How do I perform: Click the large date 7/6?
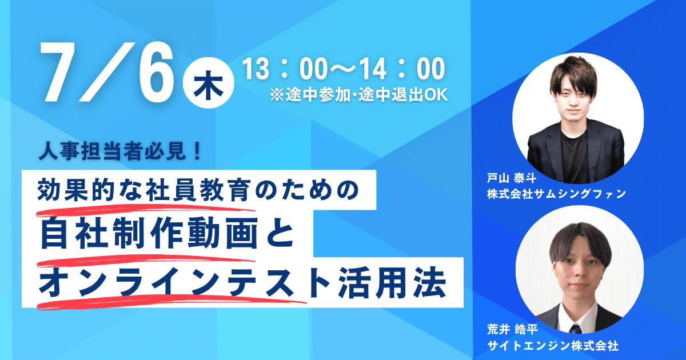click(108, 71)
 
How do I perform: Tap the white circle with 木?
click(208, 83)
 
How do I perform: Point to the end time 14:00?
click(402, 69)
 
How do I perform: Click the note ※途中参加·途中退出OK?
click(358, 95)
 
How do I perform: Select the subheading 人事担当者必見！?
click(120, 151)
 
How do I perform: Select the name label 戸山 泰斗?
click(511, 178)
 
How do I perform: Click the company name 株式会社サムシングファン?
click(556, 194)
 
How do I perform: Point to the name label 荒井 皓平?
click(512, 330)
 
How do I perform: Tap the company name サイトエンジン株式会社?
click(553, 346)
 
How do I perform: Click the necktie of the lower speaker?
click(576, 329)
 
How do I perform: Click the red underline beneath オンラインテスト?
click(171, 302)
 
